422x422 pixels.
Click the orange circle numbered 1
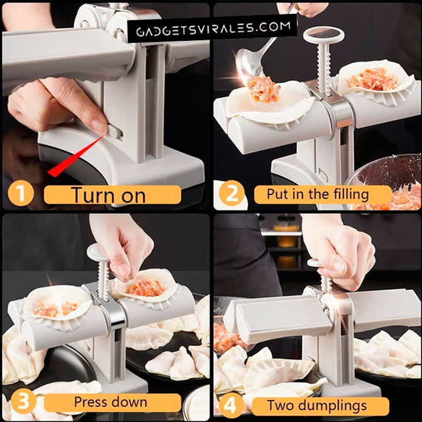[x=21, y=193]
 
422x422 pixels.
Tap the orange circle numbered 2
[x=231, y=193]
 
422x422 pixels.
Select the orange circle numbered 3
[x=23, y=402]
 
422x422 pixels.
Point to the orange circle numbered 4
[x=231, y=405]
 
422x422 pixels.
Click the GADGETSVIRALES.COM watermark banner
[x=213, y=28]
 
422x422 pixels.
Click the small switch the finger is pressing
[x=115, y=132]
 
